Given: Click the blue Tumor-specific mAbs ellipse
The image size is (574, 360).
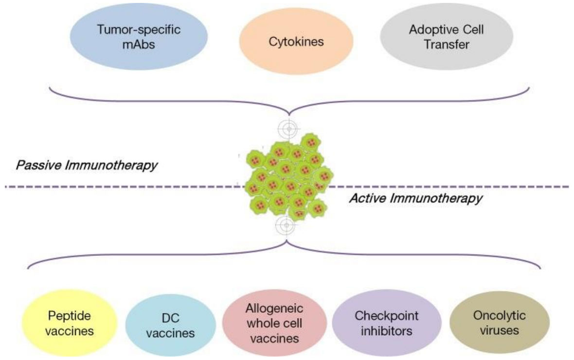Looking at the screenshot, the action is click(x=139, y=36).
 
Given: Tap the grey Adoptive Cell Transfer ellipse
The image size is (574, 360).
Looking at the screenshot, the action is click(x=447, y=36).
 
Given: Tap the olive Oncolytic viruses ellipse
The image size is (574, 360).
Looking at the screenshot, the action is click(x=499, y=323).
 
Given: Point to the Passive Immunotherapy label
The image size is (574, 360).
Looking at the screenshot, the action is click(x=87, y=165).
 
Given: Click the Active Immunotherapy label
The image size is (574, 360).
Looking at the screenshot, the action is click(x=416, y=198).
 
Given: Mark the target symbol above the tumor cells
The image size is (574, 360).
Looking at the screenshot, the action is click(x=289, y=128).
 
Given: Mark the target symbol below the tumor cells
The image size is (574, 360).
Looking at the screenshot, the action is click(x=286, y=225).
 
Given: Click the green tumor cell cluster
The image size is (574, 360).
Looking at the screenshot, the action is click(x=289, y=177).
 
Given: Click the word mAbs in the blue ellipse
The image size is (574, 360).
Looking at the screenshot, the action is click(x=139, y=45).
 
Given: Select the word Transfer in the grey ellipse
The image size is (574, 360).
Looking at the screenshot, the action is click(x=447, y=45).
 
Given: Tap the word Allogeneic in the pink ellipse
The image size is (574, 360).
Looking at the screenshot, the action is click(x=274, y=308).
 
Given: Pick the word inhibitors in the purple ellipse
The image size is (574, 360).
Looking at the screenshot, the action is click(x=387, y=331).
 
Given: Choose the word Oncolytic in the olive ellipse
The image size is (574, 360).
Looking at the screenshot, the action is click(x=499, y=315).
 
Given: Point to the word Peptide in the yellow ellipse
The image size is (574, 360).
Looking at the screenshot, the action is click(x=70, y=316).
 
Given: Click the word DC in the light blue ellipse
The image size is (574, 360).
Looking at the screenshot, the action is click(x=171, y=318).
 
